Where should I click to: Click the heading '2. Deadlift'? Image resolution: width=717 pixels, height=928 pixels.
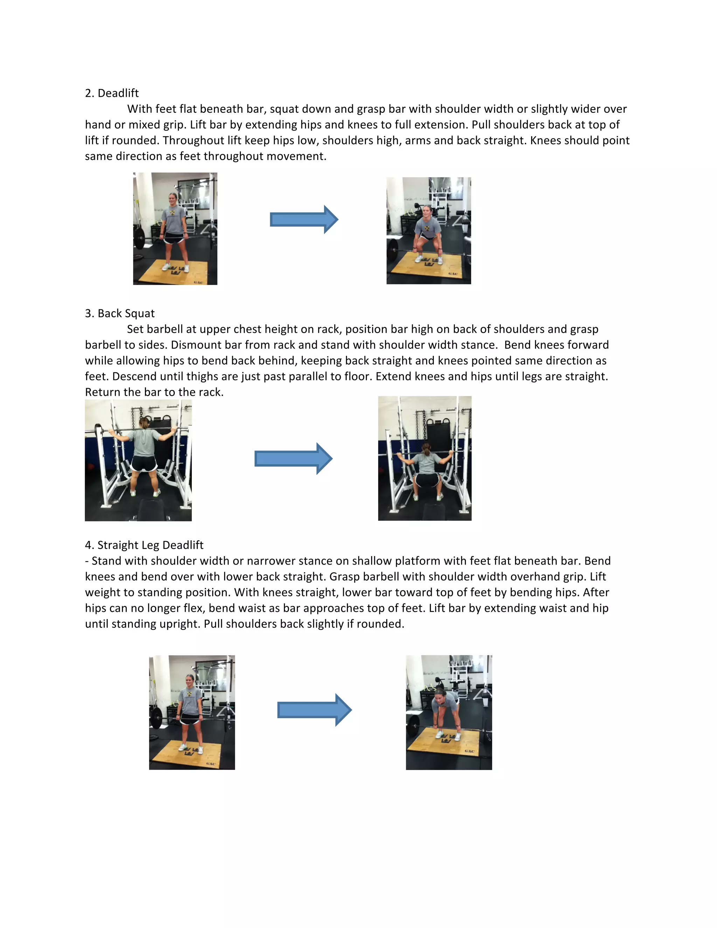(x=112, y=93)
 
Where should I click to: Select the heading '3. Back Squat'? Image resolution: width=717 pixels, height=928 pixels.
(x=120, y=313)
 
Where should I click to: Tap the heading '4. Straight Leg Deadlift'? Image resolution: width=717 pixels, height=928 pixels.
(x=144, y=545)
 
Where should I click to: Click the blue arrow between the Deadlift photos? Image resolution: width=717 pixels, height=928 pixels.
(x=304, y=220)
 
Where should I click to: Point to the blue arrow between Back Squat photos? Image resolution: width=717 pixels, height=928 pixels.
(x=293, y=458)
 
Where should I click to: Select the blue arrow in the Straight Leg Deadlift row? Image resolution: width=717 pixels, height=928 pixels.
(x=314, y=709)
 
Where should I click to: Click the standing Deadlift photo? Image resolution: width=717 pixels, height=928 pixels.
(x=175, y=229)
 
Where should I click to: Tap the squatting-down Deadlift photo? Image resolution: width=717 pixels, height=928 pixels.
(x=429, y=231)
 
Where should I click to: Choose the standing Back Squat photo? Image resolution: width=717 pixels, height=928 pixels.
(x=138, y=460)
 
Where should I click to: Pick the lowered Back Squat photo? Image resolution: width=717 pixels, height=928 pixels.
(x=425, y=458)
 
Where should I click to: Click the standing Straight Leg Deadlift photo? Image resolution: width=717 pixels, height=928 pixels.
(x=192, y=712)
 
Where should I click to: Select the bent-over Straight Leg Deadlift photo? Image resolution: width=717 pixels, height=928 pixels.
(x=449, y=712)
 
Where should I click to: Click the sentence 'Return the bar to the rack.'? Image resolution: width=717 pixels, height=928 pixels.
(x=154, y=392)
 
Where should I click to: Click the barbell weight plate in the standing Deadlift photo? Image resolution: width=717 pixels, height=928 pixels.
(x=139, y=239)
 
